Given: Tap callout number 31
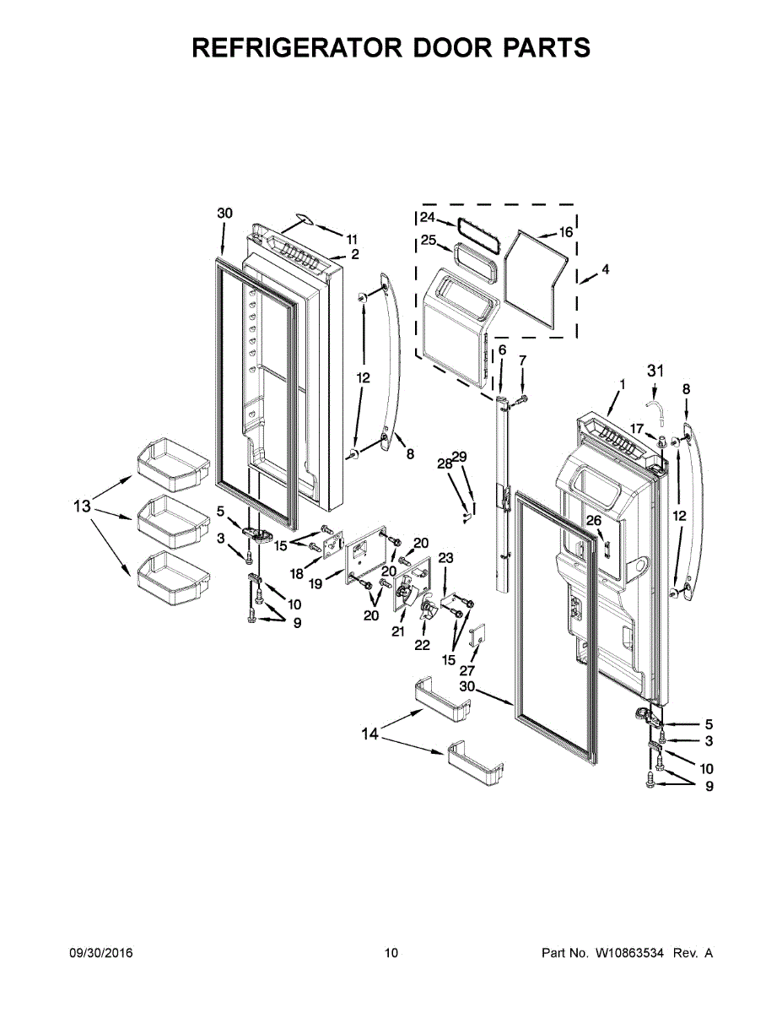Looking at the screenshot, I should [x=655, y=370].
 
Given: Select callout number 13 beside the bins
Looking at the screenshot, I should [x=81, y=506].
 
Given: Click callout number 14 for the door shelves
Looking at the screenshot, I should [x=370, y=734].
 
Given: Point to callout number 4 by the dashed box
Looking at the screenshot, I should [x=605, y=269].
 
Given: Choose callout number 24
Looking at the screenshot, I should [x=428, y=217].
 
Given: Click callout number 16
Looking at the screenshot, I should [x=565, y=231].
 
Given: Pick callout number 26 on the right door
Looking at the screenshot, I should [x=594, y=521].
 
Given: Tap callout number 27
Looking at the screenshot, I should [x=467, y=670].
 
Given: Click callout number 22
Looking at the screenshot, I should [x=422, y=646].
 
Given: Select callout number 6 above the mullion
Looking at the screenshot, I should [x=501, y=349].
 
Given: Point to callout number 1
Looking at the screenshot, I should [x=622, y=384].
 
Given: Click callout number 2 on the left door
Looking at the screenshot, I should [x=355, y=253].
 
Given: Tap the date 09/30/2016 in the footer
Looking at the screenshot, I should [x=100, y=953].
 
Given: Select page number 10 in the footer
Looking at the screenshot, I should [x=391, y=953].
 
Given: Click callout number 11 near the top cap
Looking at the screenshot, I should [x=352, y=238].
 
